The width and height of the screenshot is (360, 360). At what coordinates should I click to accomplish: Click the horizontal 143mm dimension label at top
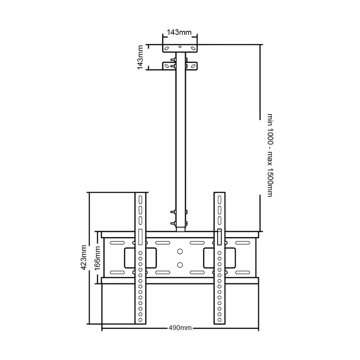pyautogui.click(x=179, y=32)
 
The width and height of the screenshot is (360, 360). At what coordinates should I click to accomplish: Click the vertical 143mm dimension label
pyautogui.click(x=140, y=57)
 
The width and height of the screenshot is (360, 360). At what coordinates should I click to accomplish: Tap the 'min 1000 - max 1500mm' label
pyautogui.click(x=270, y=155)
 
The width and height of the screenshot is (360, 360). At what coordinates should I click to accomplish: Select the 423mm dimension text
pyautogui.click(x=84, y=258)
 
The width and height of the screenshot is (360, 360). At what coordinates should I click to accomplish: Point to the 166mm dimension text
pyautogui.click(x=97, y=258)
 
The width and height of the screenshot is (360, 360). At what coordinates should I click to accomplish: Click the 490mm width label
pyautogui.click(x=180, y=328)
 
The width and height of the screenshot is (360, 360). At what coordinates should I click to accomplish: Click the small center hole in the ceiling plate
pyautogui.click(x=180, y=47)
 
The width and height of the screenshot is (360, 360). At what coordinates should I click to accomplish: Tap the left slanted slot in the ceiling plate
pyautogui.click(x=167, y=49)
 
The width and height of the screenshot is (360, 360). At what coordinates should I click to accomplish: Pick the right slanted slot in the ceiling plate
pyautogui.click(x=193, y=49)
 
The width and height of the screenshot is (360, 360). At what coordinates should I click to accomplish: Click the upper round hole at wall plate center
pyautogui.click(x=180, y=251)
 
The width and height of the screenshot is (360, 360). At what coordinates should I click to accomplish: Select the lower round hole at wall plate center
pyautogui.click(x=180, y=265)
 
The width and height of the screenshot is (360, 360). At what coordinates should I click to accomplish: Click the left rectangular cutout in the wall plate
pyautogui.click(x=140, y=258)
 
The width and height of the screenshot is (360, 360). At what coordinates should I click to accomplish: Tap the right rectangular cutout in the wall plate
pyautogui.click(x=220, y=258)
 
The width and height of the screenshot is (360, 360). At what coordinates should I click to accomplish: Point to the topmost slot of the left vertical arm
pyautogui.click(x=140, y=200)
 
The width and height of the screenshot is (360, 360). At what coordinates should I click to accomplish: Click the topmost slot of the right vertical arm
pyautogui.click(x=220, y=200)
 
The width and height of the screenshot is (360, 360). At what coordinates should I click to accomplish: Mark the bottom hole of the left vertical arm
pyautogui.click(x=140, y=320)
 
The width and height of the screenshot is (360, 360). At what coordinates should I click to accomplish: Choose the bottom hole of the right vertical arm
pyautogui.click(x=220, y=320)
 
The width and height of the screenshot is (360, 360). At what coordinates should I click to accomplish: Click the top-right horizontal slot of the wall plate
pyautogui.click(x=243, y=243)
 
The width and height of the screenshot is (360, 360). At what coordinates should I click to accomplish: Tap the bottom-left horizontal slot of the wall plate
pyautogui.click(x=117, y=273)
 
